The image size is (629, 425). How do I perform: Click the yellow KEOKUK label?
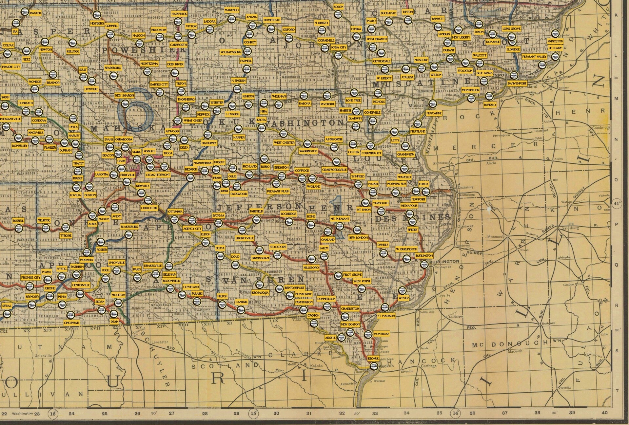click(x=373, y=359)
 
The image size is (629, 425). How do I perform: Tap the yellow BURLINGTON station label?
click(x=424, y=255)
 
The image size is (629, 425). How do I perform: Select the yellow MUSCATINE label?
click(x=434, y=113)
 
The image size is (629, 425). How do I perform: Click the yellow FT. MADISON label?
click(x=386, y=316)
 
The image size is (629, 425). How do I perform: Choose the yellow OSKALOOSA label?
click(x=124, y=139)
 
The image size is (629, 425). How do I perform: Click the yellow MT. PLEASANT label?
click(x=340, y=219)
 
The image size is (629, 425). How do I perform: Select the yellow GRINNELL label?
click(x=112, y=26)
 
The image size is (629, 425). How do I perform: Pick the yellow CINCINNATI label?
click(x=71, y=323)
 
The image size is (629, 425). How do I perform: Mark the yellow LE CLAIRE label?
click(x=555, y=48)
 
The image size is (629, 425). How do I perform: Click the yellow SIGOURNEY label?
click(x=209, y=143)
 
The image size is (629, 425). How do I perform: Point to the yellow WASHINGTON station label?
click(x=308, y=151)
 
